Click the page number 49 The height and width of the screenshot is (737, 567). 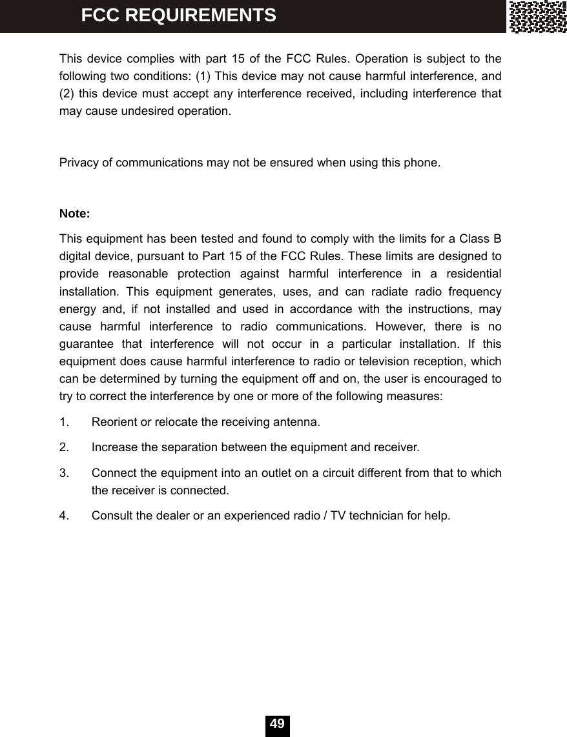click(x=278, y=724)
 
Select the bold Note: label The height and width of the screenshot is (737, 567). click(x=74, y=214)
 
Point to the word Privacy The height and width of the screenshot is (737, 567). click(x=77, y=162)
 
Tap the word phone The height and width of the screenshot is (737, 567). click(x=424, y=162)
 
